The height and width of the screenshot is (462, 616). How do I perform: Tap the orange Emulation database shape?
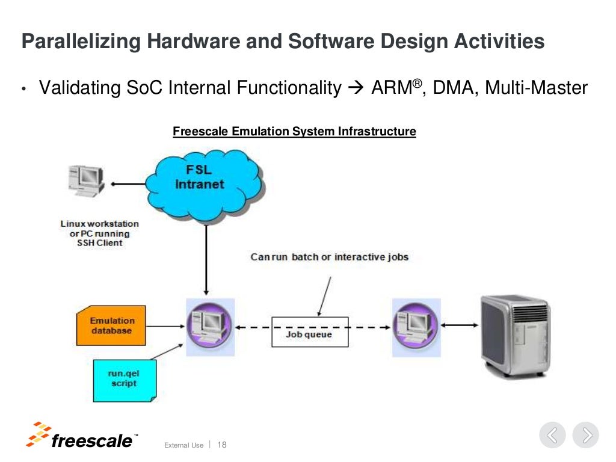pos(112,325)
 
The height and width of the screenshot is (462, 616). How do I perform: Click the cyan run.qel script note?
pos(124,380)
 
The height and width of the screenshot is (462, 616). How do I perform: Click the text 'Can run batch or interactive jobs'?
pos(329,257)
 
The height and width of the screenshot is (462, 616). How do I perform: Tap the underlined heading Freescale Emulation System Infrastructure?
pos(294,131)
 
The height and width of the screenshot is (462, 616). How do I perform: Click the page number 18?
pos(221,445)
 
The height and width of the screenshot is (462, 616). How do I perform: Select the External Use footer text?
pos(183,445)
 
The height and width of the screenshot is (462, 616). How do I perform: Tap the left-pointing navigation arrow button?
pos(552,435)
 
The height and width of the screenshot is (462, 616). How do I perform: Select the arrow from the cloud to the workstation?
pos(129,184)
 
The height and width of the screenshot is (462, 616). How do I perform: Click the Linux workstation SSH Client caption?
pos(99,233)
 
